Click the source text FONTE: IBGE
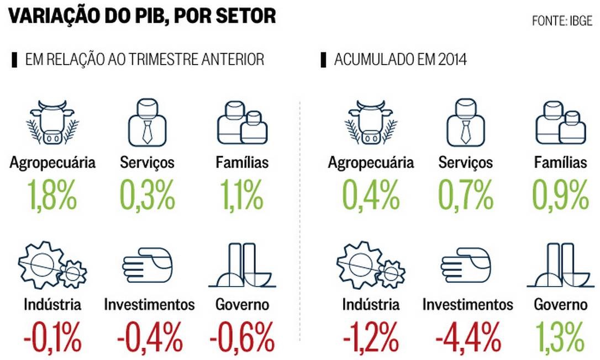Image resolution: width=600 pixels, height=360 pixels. (x=562, y=21)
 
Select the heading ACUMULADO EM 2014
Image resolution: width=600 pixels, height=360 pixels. (x=400, y=60)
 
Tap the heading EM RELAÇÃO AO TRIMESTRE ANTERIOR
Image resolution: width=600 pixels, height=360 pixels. (x=144, y=60)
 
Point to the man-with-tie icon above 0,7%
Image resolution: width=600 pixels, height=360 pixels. (x=466, y=123)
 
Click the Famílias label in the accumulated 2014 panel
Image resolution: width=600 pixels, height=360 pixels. (x=560, y=162)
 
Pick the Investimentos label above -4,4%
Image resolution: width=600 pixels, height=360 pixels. (x=467, y=304)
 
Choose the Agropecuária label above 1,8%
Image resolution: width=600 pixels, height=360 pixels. (x=52, y=162)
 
